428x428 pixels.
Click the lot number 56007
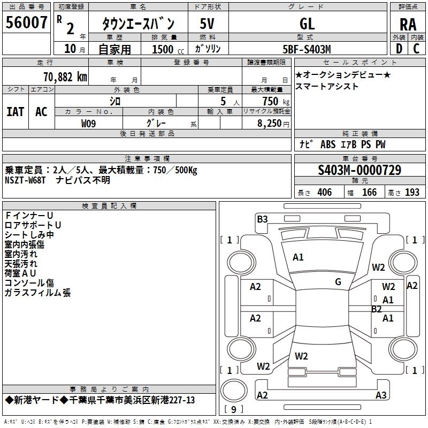click(x=26, y=23)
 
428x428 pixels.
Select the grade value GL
click(x=307, y=24)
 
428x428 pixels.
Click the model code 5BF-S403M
click(x=307, y=49)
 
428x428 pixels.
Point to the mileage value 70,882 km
click(x=63, y=77)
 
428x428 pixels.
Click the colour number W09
click(x=89, y=123)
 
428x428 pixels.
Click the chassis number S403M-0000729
click(x=359, y=171)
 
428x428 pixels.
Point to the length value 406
click(x=324, y=193)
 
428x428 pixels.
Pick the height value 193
click(x=412, y=193)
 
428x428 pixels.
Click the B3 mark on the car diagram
click(x=262, y=219)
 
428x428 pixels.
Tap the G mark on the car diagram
click(x=338, y=282)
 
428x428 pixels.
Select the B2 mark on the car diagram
click(x=377, y=309)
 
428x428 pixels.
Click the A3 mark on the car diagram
click(x=381, y=395)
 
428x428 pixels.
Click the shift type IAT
click(x=15, y=112)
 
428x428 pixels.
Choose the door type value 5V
click(x=208, y=24)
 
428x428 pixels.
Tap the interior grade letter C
click(x=416, y=49)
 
